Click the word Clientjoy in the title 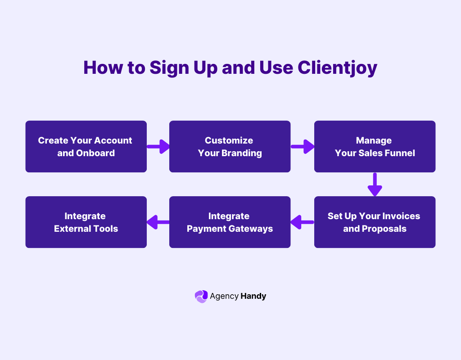pyautogui.click(x=337, y=68)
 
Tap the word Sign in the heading pyautogui.click(x=172, y=68)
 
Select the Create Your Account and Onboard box pyautogui.click(x=86, y=146)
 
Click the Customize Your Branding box pyautogui.click(x=230, y=146)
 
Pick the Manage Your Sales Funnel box pyautogui.click(x=375, y=146)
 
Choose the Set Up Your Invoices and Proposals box pyautogui.click(x=375, y=222)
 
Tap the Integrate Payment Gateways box pyautogui.click(x=230, y=222)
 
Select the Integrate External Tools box pyautogui.click(x=86, y=222)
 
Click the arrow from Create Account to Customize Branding pyautogui.click(x=158, y=146)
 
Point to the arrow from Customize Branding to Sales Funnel pyautogui.click(x=302, y=146)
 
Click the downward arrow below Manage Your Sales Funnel pyautogui.click(x=375, y=184)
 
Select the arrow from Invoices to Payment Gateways pyautogui.click(x=302, y=222)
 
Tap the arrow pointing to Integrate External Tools pyautogui.click(x=158, y=222)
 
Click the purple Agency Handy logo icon pyautogui.click(x=201, y=296)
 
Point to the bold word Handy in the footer pyautogui.click(x=253, y=296)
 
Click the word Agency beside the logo pyautogui.click(x=224, y=296)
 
